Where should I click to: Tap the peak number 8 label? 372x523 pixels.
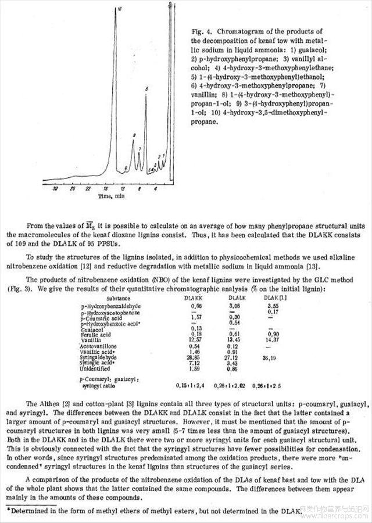(x=134, y=135)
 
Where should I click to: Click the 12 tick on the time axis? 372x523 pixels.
(x=123, y=189)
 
